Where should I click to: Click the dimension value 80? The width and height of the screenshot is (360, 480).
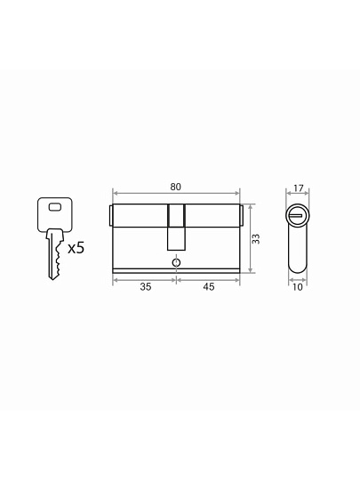click(176, 187)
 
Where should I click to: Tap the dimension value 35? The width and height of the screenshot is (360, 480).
click(146, 287)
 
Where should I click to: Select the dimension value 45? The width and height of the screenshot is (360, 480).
click(209, 287)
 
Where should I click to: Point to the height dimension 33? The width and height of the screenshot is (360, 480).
click(256, 239)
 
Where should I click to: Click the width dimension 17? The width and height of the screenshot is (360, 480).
click(298, 188)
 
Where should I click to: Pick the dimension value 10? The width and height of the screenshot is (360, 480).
click(298, 287)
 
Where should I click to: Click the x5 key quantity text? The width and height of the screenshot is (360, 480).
click(76, 248)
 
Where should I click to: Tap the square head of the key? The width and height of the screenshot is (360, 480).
click(55, 214)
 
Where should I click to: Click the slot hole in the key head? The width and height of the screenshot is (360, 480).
click(55, 207)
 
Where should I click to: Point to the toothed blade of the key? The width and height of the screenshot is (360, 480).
click(54, 255)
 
